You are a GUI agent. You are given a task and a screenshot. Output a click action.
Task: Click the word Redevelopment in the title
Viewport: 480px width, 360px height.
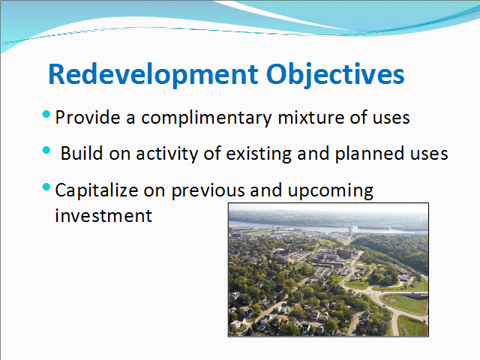coord(153,74)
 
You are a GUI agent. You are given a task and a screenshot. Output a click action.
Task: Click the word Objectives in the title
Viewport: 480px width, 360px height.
coord(335,74)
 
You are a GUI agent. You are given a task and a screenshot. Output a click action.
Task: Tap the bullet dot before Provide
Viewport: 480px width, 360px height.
coord(46,115)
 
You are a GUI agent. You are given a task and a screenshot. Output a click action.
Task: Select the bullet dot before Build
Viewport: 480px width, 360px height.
coord(46,150)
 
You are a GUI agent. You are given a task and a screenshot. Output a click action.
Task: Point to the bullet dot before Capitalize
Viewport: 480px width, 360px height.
coord(46,187)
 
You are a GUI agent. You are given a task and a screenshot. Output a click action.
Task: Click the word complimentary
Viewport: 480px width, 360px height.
coord(206,118)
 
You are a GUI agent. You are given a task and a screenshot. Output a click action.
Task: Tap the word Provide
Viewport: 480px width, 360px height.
coord(88,118)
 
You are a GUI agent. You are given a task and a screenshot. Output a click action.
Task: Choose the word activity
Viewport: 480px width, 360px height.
coord(167,154)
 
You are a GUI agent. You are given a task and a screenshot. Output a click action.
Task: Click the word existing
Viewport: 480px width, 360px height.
coord(259,154)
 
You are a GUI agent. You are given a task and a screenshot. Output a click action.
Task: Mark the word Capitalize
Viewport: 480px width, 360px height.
coord(97,190)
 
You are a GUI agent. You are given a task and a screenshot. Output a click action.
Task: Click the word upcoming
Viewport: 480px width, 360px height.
coord(331,190)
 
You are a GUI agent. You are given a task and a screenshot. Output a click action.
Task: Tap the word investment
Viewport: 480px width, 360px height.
coord(103,215)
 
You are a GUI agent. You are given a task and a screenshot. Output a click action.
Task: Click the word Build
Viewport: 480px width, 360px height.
coord(82,153)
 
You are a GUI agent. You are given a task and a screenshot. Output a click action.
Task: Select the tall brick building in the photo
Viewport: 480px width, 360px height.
coord(345,253)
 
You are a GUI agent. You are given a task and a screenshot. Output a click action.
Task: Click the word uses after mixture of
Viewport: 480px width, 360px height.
coord(391,118)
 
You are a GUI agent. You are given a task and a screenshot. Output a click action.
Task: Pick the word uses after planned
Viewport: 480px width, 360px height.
coord(429,154)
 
